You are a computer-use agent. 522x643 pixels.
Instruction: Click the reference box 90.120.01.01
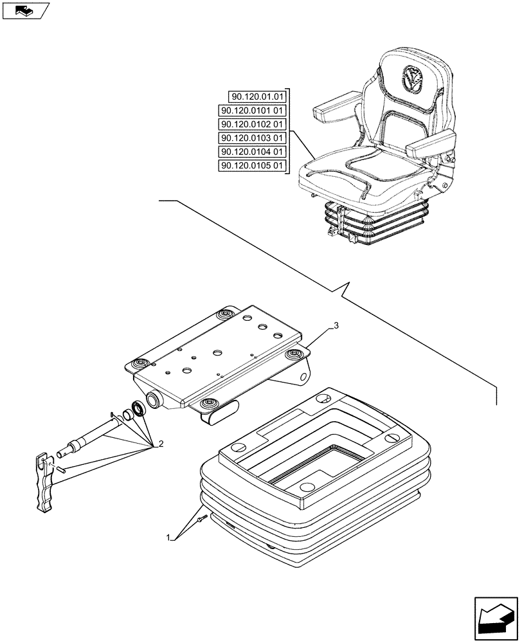coord(256,97)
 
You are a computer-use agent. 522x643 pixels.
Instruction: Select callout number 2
coord(160,443)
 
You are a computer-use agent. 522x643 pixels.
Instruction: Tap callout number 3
coord(335,327)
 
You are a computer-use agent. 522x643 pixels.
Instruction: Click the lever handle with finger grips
coord(45,482)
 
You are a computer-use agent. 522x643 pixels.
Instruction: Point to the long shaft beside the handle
coord(90,437)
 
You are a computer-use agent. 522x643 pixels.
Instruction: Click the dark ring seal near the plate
coord(137,409)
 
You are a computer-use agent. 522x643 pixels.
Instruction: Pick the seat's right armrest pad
coord(435,142)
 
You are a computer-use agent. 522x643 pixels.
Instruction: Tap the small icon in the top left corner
coord(26,10)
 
